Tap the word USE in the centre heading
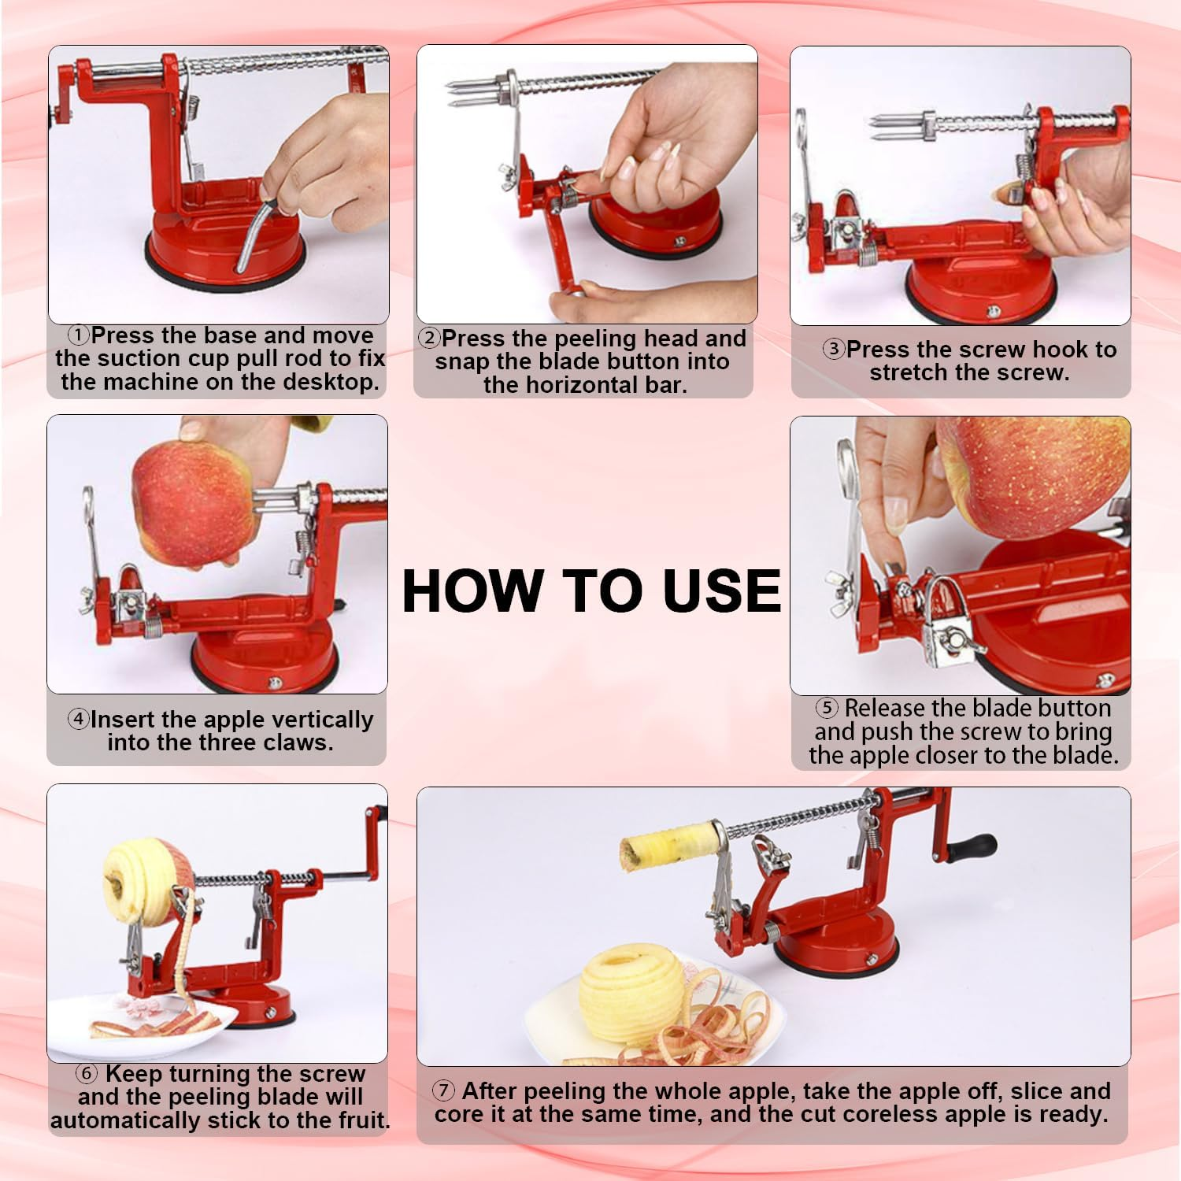pos(721,590)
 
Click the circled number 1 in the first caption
pos(79,335)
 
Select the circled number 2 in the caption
pos(429,339)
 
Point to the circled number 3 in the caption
pos(834,349)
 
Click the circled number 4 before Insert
pos(78,719)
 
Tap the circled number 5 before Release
pos(826,708)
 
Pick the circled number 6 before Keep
pos(87,1074)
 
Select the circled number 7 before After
pos(444,1090)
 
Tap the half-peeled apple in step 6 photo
pos(142,878)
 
